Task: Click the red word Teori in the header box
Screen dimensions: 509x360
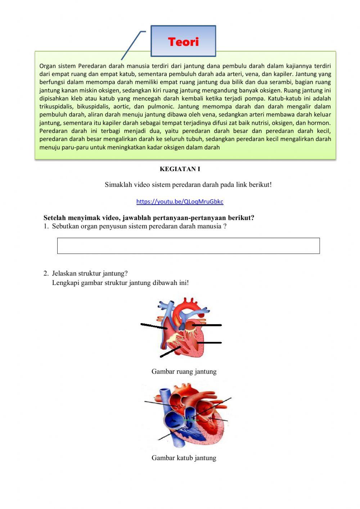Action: [183, 42]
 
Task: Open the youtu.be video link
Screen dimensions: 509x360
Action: [180, 202]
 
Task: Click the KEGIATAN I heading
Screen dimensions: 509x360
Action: [180, 169]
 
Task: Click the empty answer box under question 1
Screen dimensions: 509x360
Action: [188, 246]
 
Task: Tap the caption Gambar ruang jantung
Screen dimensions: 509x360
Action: [184, 371]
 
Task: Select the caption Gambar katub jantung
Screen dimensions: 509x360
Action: [184, 458]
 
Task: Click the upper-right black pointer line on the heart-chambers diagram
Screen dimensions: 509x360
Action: [207, 325]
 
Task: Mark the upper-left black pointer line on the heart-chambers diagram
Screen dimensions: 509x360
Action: [153, 326]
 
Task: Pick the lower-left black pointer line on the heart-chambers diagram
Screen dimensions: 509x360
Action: [170, 352]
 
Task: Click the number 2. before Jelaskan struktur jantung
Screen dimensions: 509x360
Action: [46, 273]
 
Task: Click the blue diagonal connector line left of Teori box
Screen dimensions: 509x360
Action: [131, 45]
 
